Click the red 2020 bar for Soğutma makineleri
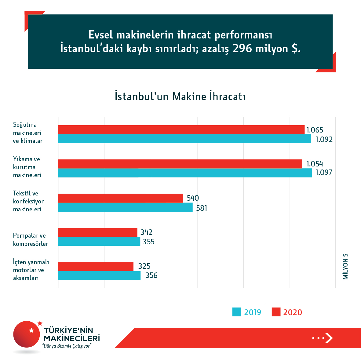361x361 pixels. coord(181,129)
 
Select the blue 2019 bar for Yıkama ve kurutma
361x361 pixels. coord(185,173)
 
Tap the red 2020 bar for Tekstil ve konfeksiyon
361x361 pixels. coord(120,198)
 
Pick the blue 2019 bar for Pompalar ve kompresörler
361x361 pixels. coord(99,241)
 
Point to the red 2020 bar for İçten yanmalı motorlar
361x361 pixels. coord(96,266)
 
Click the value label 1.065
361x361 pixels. coord(315,130)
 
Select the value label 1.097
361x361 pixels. coord(323,173)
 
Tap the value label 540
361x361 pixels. coord(193,198)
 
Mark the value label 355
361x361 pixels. coord(148,242)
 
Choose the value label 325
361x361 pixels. coord(144,266)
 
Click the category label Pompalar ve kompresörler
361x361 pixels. coord(30,239)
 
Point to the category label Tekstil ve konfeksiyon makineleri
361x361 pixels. coord(29,201)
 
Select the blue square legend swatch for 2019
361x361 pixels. coord(237,312)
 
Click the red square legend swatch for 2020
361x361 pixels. coord(276,312)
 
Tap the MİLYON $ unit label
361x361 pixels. coord(345,266)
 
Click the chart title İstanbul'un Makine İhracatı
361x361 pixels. coord(180,96)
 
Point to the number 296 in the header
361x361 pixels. coord(242,49)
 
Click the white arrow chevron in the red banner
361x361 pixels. coord(329,338)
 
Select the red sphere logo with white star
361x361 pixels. coord(27,334)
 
